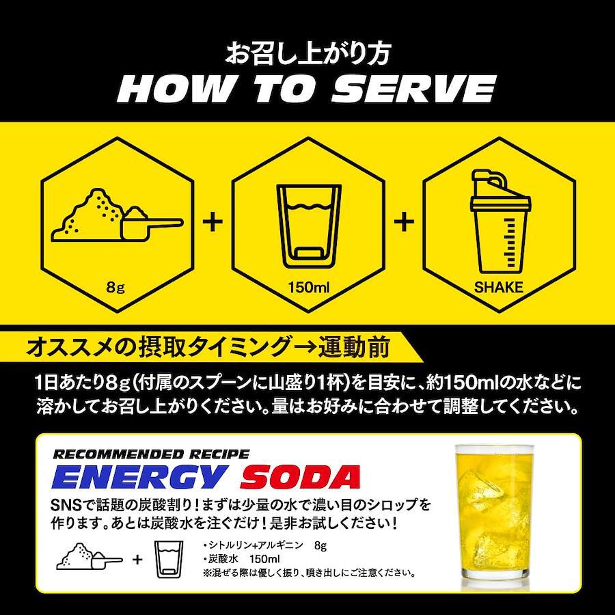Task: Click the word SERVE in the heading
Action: [414, 90]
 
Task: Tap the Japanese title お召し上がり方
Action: [307, 54]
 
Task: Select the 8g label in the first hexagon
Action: [115, 288]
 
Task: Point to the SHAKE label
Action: [499, 288]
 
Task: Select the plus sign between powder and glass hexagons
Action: [213, 222]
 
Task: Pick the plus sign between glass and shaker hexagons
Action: [404, 222]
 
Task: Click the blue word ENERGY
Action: [139, 478]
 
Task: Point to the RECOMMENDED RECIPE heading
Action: [151, 454]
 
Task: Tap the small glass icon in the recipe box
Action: [169, 560]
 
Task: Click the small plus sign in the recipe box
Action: [137, 559]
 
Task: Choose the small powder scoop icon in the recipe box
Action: [90, 556]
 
